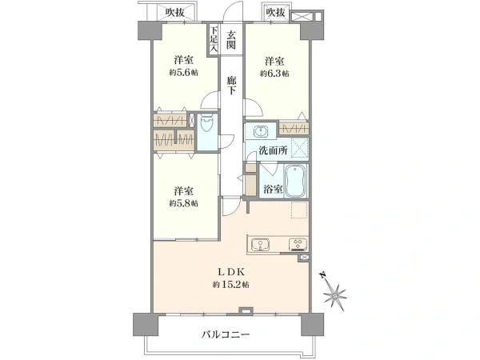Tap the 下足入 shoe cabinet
[x=214, y=40]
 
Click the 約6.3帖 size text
[x=274, y=74]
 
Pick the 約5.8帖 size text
[x=183, y=203]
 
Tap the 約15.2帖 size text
[x=229, y=285]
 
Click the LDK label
[x=229, y=272]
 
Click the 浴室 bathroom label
[x=273, y=189]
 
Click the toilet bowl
[x=207, y=126]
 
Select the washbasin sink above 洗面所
[x=261, y=131]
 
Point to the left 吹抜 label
[x=177, y=11]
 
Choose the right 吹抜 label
[x=275, y=11]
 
